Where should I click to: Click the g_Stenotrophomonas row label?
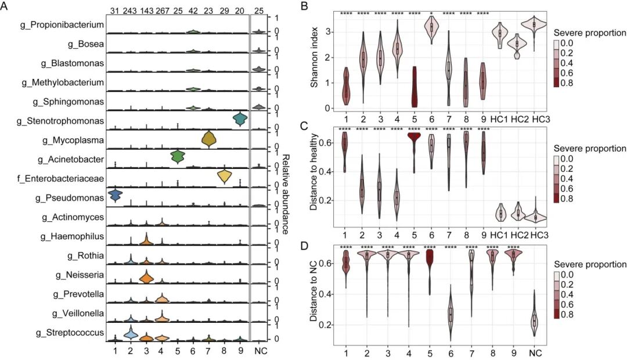point(69,121)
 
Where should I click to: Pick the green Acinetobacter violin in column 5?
point(178,156)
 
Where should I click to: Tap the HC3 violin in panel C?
point(544,217)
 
